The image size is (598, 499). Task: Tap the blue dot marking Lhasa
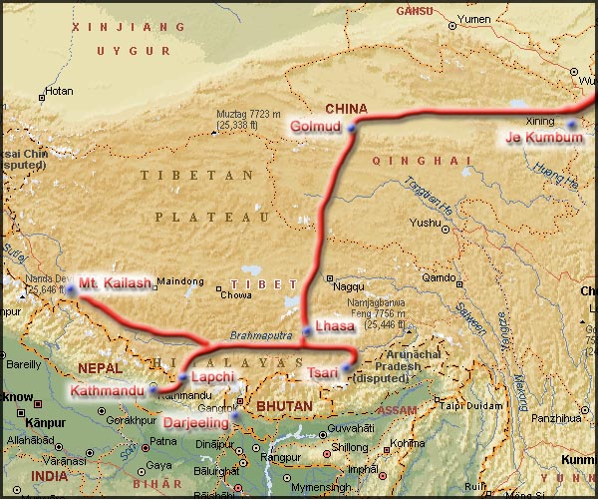pyautogui.click(x=307, y=329)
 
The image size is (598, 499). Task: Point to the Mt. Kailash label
pyautogui.click(x=116, y=282)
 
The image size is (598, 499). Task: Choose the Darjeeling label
pyautogui.click(x=196, y=422)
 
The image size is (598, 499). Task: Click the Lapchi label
pyautogui.click(x=212, y=377)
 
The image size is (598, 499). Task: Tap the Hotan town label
pyautogui.click(x=60, y=91)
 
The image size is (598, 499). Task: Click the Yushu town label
pyautogui.click(x=424, y=223)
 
